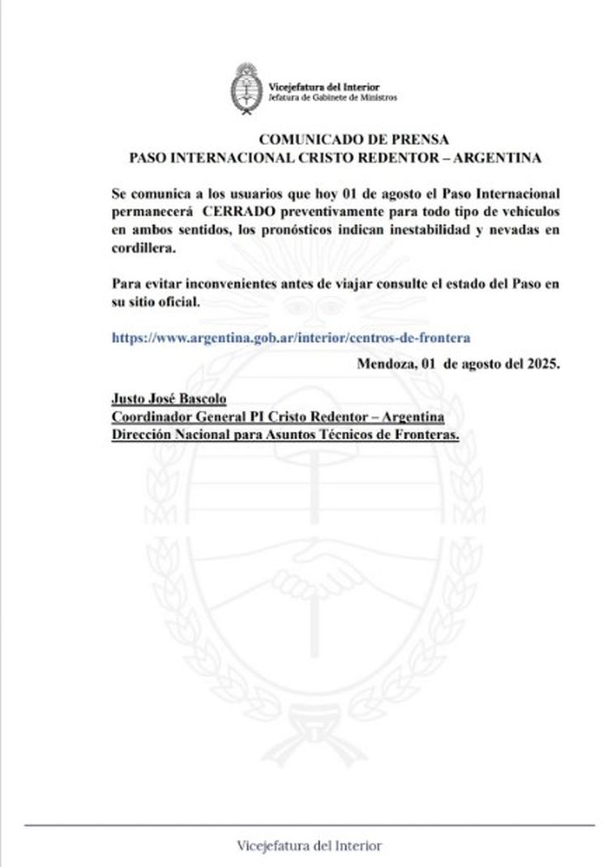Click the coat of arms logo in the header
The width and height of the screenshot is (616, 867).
tap(244, 89)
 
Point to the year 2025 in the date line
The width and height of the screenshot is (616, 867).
tap(541, 364)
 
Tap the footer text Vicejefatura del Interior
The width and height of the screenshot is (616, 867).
tap(310, 846)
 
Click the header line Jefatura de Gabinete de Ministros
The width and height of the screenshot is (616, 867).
tap(333, 96)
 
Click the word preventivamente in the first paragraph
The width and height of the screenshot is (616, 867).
tap(328, 212)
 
